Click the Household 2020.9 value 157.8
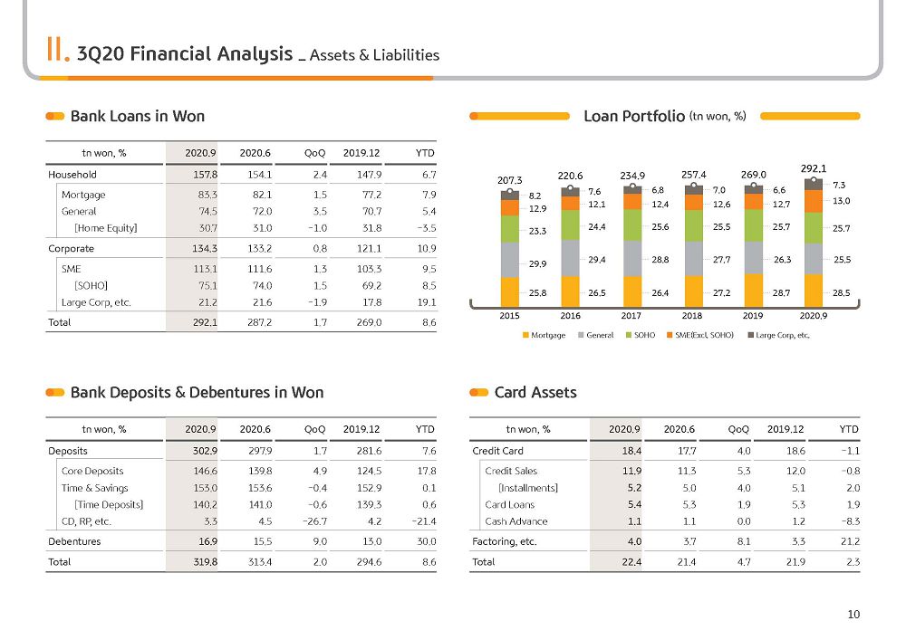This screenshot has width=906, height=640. click(x=205, y=175)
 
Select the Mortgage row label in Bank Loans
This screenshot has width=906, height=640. click(x=83, y=195)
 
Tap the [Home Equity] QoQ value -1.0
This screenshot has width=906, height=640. click(x=317, y=228)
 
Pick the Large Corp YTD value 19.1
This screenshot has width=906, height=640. click(x=427, y=302)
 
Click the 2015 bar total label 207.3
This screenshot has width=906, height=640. click(x=509, y=181)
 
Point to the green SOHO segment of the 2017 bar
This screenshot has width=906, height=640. click(x=632, y=224)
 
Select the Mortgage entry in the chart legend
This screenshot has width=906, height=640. click(x=544, y=335)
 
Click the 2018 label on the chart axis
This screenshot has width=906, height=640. click(x=691, y=316)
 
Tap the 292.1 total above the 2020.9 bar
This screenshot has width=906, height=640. click(x=814, y=168)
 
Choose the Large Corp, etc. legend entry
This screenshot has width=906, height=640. click(x=779, y=335)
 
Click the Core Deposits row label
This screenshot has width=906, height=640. click(x=92, y=472)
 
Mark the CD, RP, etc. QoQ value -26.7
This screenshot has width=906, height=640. click(x=315, y=521)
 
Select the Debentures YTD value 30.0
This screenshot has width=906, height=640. click(x=427, y=542)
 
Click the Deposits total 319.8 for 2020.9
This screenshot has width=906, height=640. click(x=205, y=562)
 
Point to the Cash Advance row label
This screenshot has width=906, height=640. click(x=516, y=521)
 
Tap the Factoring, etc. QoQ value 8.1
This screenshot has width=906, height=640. click(x=744, y=542)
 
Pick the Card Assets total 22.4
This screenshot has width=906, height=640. click(x=631, y=562)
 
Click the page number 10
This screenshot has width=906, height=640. click(x=853, y=615)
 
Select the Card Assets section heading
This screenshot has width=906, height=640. click(x=535, y=393)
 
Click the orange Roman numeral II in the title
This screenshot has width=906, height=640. click(x=58, y=50)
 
